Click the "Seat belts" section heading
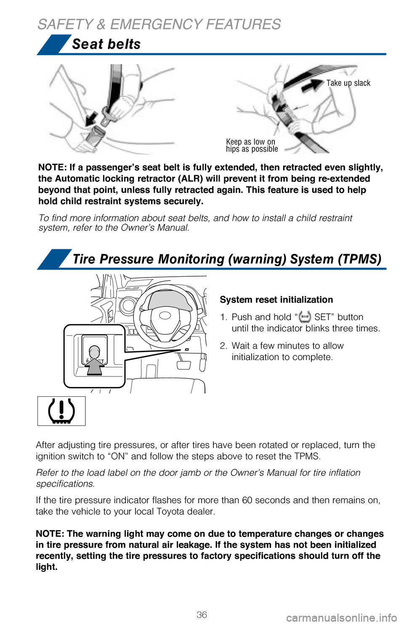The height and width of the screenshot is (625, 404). pos(106,44)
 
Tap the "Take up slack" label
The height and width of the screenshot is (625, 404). pos(348,83)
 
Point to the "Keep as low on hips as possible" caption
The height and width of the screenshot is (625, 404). pos(252,145)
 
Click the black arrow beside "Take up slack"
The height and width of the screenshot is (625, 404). pos(312,85)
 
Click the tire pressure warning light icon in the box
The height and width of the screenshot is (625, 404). pos(61,411)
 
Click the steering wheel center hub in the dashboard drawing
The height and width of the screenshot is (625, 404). pos(165,315)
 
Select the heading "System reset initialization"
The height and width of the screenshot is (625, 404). pos(276,299)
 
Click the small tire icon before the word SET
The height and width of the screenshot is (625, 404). pos(305,317)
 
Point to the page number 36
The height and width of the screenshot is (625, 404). pos(202,614)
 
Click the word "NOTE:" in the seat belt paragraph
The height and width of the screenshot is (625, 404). pos(52,168)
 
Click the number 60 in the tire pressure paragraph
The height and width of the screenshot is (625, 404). pos(247,500)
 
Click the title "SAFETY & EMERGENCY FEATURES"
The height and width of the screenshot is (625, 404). pos(159,24)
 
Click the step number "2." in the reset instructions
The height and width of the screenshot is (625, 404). pos(223,346)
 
